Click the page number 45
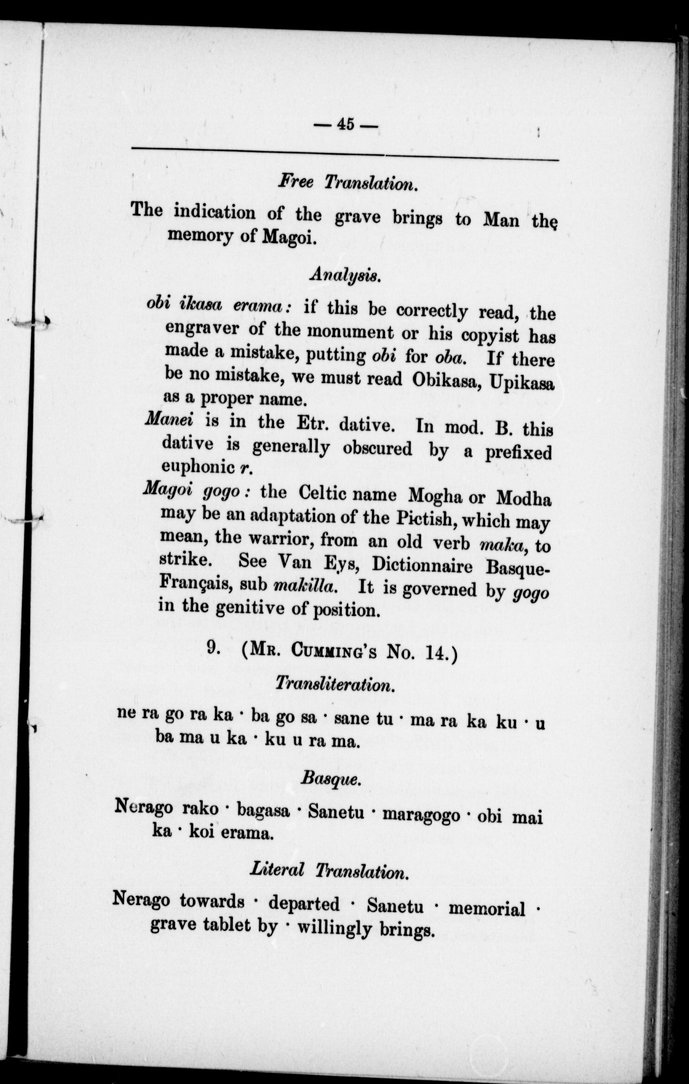click(x=345, y=124)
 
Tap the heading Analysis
click(x=345, y=275)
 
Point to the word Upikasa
click(x=522, y=383)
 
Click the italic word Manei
click(x=168, y=419)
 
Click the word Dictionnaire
click(x=422, y=565)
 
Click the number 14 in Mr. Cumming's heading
click(x=436, y=654)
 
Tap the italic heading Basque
click(x=330, y=778)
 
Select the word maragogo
click(x=421, y=814)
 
